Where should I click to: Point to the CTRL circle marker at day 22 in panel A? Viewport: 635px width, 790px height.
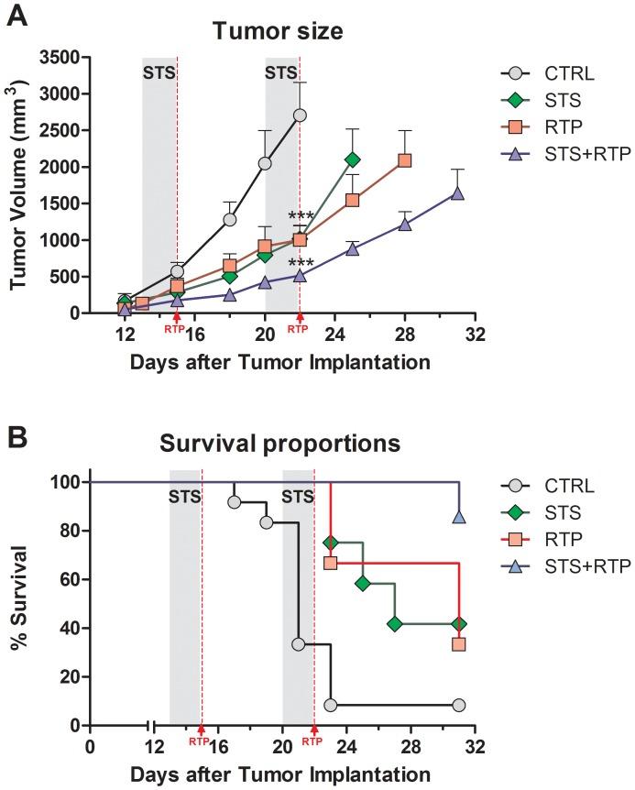click(x=300, y=115)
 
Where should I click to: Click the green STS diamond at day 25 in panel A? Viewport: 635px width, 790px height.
click(x=352, y=159)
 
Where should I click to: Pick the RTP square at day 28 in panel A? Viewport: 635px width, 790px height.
click(x=404, y=160)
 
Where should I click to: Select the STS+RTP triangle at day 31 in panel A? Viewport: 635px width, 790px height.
click(x=456, y=193)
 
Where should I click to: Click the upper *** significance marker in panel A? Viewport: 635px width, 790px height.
click(x=301, y=217)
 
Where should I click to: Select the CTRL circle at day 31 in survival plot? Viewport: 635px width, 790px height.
click(x=458, y=705)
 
